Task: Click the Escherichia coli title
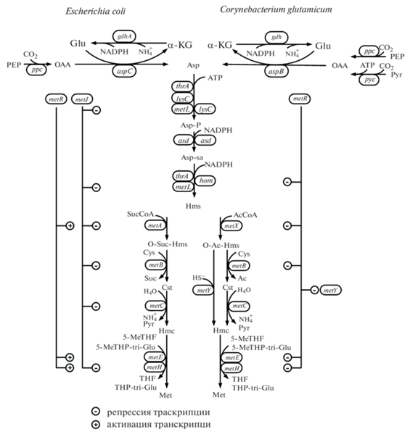96,11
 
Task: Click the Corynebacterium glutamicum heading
276,9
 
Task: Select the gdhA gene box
124,36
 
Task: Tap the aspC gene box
125,71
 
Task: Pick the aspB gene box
276,71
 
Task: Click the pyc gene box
369,80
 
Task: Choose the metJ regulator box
82,99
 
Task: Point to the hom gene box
205,180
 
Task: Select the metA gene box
155,225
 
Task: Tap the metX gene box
231,225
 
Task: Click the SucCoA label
140,214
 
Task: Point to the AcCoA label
245,215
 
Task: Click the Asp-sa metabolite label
192,157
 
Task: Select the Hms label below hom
193,206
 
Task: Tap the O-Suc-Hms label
168,244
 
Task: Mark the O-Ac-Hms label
221,245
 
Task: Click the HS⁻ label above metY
198,278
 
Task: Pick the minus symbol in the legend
96,412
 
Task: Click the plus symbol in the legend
96,425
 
